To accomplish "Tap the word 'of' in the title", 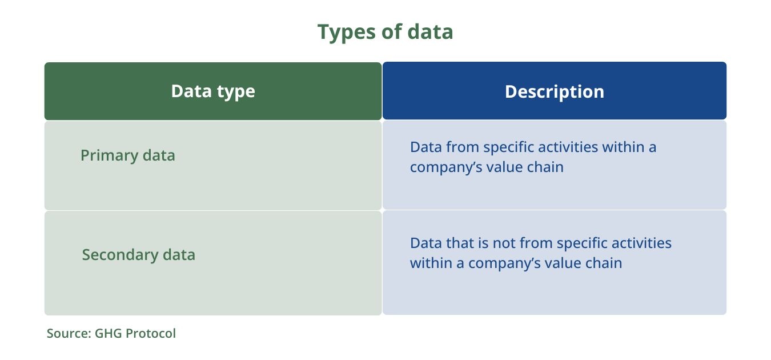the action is click(392, 31).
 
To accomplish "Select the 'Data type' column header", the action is click(213, 91).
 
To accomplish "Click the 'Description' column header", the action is click(555, 91).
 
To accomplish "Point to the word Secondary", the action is click(120, 255).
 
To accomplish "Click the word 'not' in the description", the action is click(504, 243).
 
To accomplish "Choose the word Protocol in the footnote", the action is click(151, 334).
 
